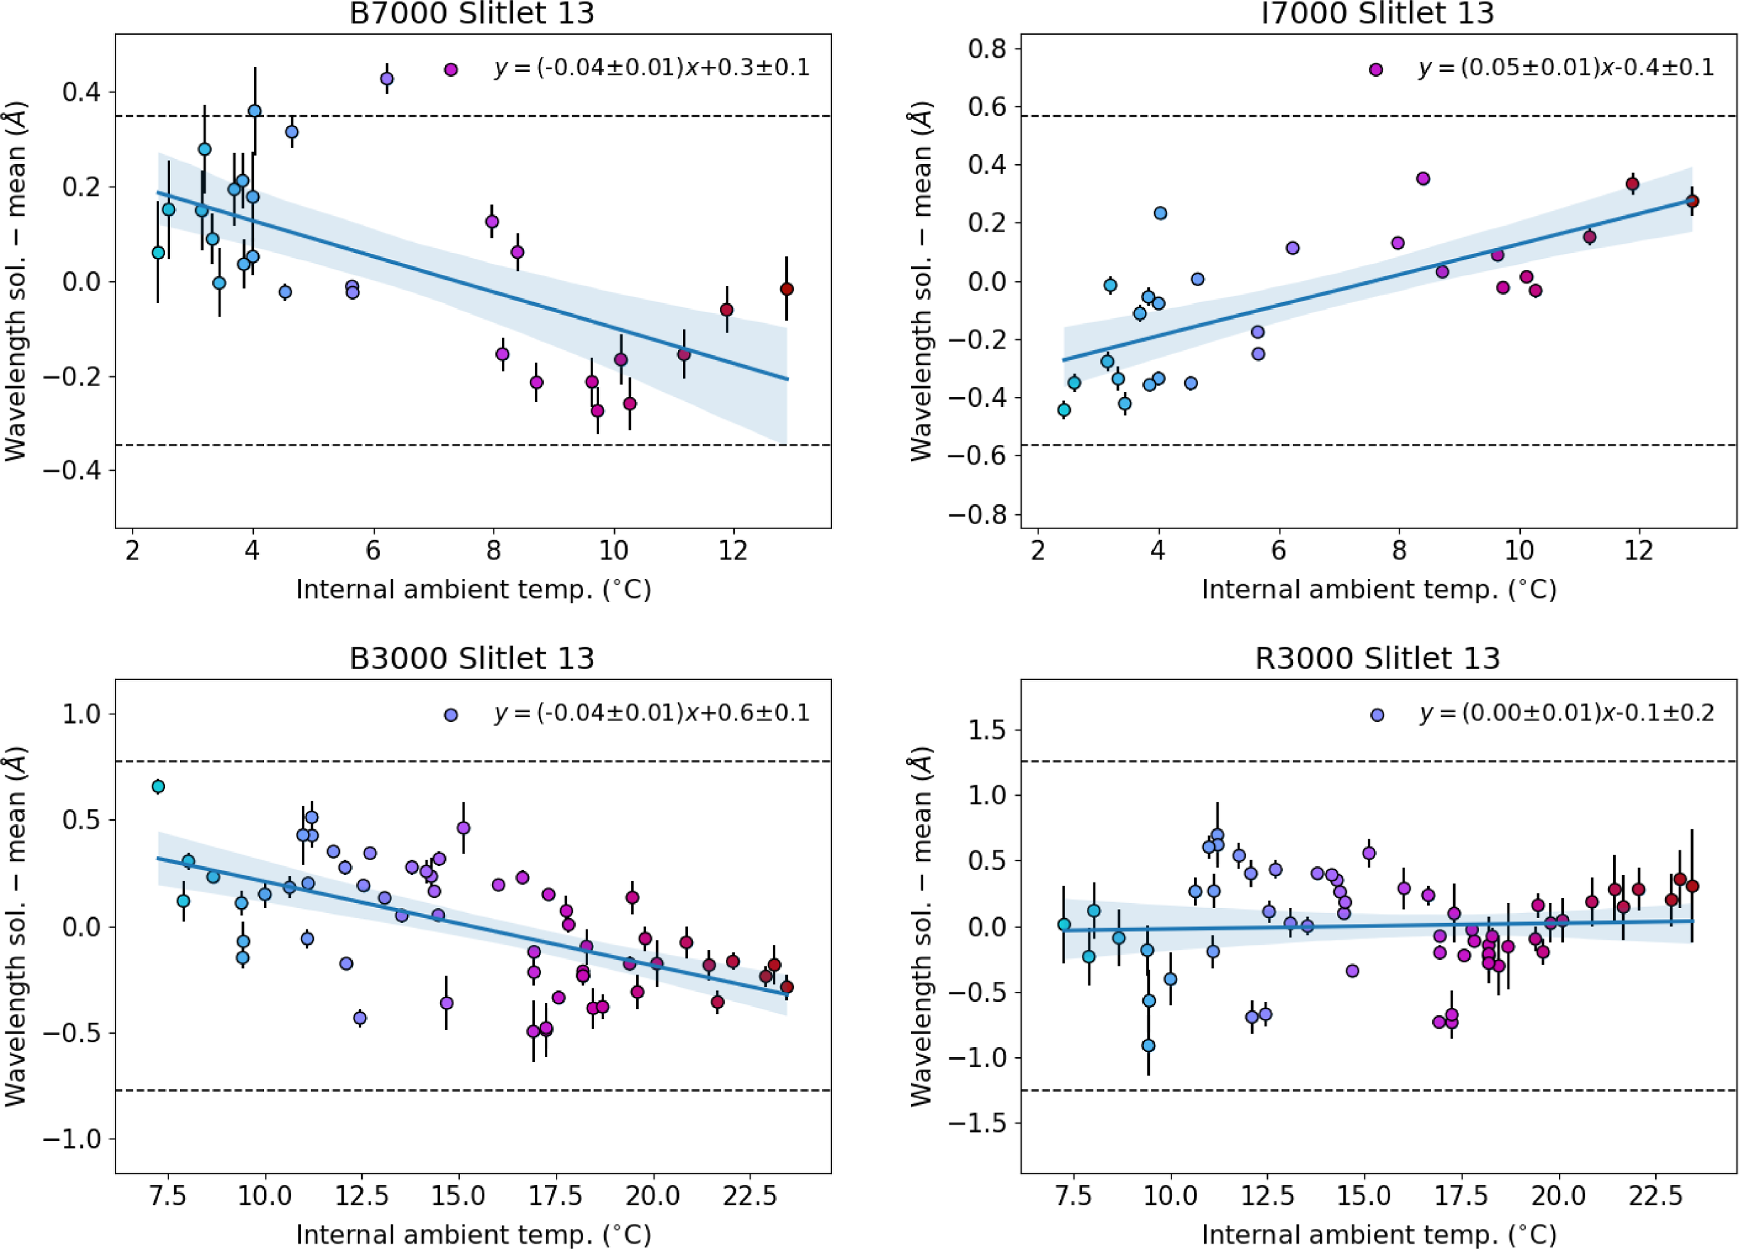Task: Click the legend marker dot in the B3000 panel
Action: [x=451, y=714]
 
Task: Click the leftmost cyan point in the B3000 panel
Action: [x=158, y=786]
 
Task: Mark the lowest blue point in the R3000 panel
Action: [x=1148, y=1045]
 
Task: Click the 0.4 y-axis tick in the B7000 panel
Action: [x=83, y=92]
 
